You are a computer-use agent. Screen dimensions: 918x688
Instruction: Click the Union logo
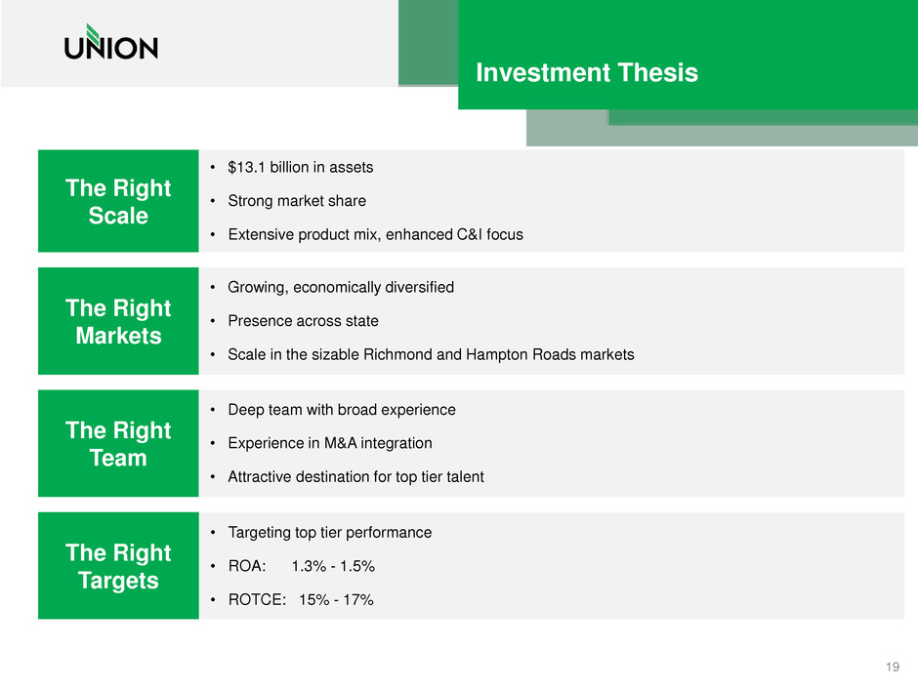tap(111, 42)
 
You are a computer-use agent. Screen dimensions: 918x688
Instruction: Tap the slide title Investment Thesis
tap(587, 72)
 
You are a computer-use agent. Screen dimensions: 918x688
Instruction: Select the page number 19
tap(893, 667)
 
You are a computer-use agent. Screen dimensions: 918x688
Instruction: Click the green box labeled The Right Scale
tap(118, 201)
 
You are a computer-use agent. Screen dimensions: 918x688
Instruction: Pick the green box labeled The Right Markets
tap(118, 321)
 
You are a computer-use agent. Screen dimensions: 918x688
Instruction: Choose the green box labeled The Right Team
tap(118, 443)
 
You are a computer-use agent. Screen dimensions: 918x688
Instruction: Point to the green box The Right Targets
tap(118, 566)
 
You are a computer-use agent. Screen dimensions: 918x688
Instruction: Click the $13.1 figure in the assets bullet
tap(246, 167)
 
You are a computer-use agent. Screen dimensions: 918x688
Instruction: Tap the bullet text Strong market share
tap(297, 201)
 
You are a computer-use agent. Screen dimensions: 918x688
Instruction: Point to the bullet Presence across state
tap(304, 321)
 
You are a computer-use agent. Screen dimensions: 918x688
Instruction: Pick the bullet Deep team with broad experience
tap(342, 410)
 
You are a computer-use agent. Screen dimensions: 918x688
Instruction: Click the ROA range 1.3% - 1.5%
tap(333, 566)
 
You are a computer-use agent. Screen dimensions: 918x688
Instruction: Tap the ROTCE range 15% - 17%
tap(336, 599)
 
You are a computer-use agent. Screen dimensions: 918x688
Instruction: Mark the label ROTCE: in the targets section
tap(257, 599)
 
